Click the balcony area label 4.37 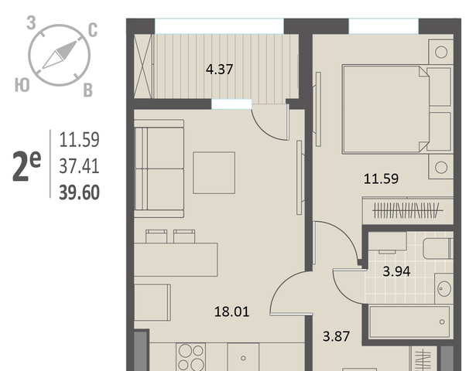[219, 70]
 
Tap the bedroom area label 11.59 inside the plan [381, 179]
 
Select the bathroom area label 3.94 [396, 271]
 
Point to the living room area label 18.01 [232, 311]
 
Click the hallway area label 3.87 [336, 336]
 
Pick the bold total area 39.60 [79, 192]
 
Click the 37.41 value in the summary [79, 166]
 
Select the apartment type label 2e [26, 165]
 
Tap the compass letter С [93, 30]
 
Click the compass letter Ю [22, 85]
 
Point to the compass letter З [31, 23]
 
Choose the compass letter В [87, 90]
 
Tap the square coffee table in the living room [214, 172]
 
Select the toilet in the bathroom [438, 249]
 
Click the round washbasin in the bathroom [444, 288]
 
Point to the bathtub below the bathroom [409, 322]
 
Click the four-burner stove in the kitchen [191, 357]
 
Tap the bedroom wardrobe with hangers [408, 210]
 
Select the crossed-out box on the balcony [143, 66]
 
